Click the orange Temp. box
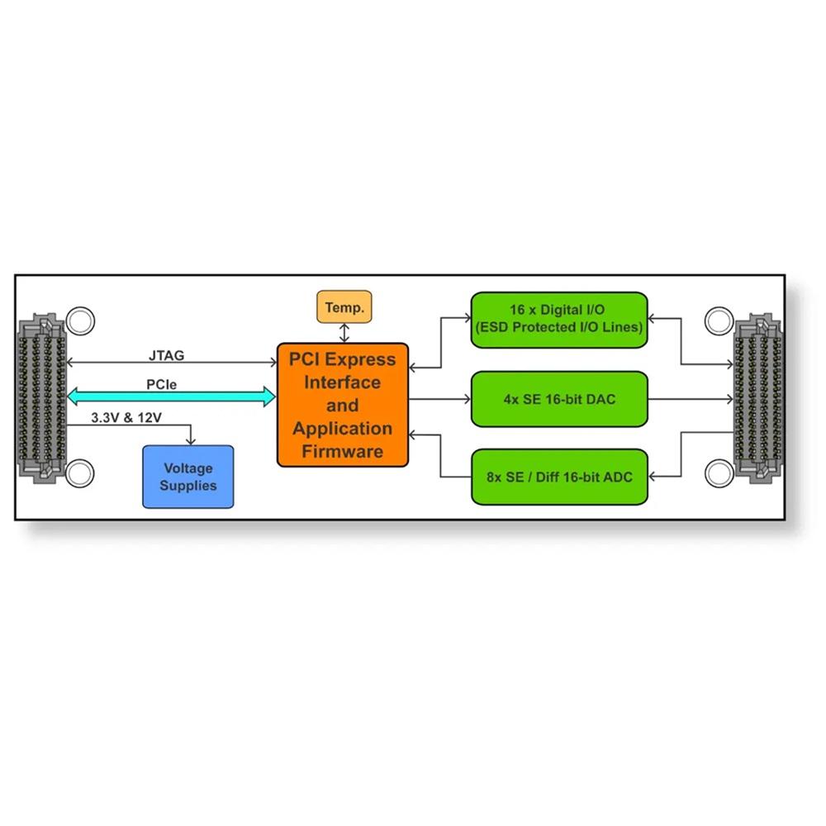(x=344, y=307)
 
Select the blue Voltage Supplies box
(x=188, y=477)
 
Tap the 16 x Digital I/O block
(x=558, y=319)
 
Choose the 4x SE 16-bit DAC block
(x=558, y=400)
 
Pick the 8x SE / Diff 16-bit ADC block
(x=558, y=477)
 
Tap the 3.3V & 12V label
(x=126, y=418)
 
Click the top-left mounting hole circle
(x=80, y=320)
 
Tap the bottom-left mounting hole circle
(x=80, y=473)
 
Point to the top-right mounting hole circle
(x=720, y=320)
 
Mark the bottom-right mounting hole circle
(x=720, y=473)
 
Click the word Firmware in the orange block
(x=343, y=452)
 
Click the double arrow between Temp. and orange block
(x=344, y=333)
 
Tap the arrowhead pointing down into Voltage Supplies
(x=192, y=442)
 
